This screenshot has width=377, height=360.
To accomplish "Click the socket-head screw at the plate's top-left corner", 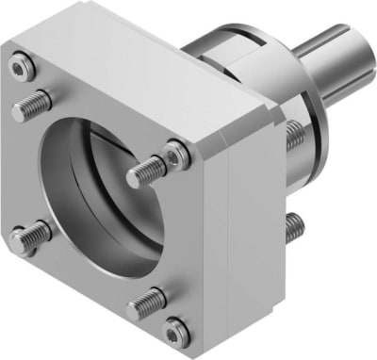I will tap(22, 65).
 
